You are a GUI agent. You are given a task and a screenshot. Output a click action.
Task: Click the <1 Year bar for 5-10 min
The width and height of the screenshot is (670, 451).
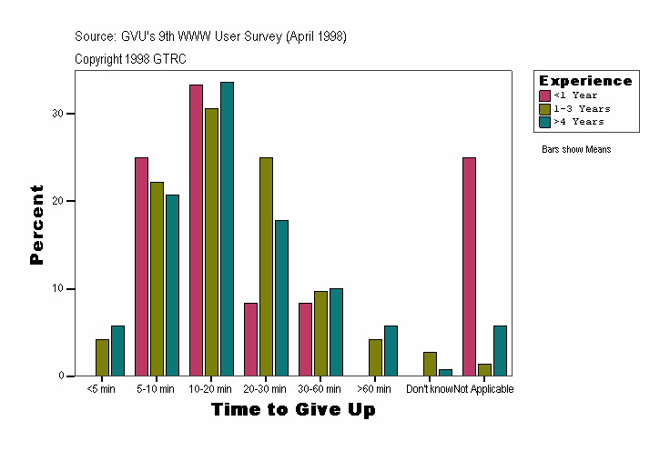point(141,266)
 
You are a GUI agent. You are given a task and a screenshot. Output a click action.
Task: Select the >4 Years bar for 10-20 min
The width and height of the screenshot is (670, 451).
point(227,229)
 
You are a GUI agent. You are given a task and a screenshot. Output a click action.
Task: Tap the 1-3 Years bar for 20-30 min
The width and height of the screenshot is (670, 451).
point(266,266)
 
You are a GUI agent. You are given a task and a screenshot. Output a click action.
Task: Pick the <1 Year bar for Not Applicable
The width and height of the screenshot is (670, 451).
point(469,266)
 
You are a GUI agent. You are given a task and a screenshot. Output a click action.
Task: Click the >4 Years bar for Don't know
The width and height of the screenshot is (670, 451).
point(445,372)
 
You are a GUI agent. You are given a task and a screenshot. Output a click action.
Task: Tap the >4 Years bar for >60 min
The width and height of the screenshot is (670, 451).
point(391,351)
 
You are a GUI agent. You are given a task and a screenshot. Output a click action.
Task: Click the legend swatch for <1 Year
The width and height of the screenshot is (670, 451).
point(544,95)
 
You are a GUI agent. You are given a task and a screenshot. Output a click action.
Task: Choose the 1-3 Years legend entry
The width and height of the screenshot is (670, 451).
point(582,108)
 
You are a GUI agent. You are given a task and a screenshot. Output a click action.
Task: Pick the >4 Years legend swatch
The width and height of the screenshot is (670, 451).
point(544,121)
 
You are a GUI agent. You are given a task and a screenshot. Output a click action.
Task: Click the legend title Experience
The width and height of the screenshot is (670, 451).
point(584,81)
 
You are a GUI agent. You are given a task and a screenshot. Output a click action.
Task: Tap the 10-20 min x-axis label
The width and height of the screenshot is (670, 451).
point(211,389)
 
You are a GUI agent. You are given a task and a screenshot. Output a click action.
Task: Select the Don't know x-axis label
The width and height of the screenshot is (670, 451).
point(430,389)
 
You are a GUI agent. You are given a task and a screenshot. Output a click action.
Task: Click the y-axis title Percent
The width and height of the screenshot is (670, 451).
point(37,225)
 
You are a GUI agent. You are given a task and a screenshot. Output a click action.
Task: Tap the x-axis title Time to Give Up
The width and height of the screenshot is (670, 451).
point(292,410)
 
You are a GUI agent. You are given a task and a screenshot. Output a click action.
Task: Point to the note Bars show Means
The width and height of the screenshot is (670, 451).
point(576,149)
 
